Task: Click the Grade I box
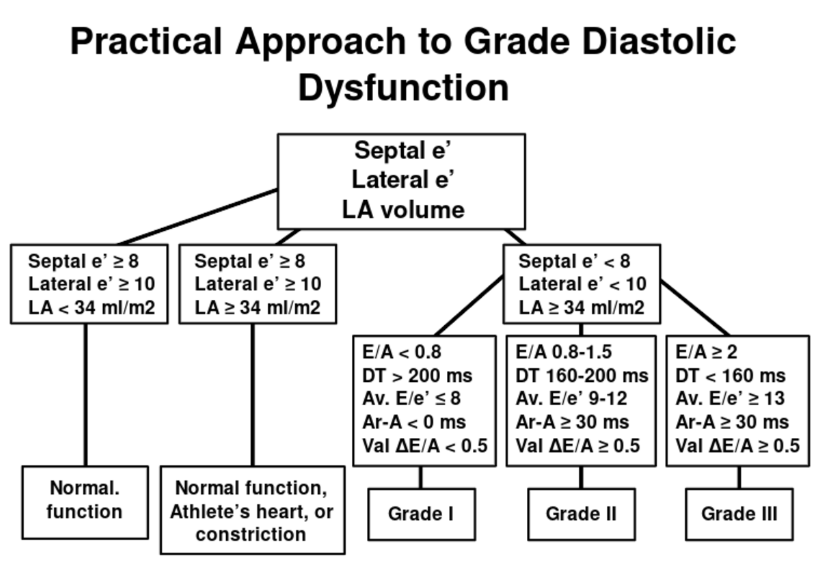click(x=421, y=514)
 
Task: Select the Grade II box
click(x=581, y=514)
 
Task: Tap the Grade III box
click(x=739, y=514)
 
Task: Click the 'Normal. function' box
click(x=85, y=501)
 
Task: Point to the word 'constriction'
click(x=251, y=534)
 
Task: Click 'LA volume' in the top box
click(x=403, y=210)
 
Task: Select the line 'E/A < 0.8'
click(x=402, y=352)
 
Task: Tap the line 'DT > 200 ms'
click(x=417, y=376)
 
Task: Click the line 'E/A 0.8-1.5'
click(x=564, y=352)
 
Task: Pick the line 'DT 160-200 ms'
click(x=582, y=376)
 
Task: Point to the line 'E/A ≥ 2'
click(x=706, y=352)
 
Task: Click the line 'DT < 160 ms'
click(x=730, y=376)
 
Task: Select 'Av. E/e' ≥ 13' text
click(x=730, y=399)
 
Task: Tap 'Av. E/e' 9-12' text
click(x=571, y=399)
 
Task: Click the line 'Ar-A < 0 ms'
click(x=413, y=422)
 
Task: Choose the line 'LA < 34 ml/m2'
click(x=92, y=307)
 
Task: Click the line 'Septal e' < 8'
click(x=574, y=261)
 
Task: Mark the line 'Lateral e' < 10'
click(x=582, y=284)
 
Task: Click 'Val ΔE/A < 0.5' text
click(x=424, y=446)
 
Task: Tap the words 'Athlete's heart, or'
click(x=251, y=511)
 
